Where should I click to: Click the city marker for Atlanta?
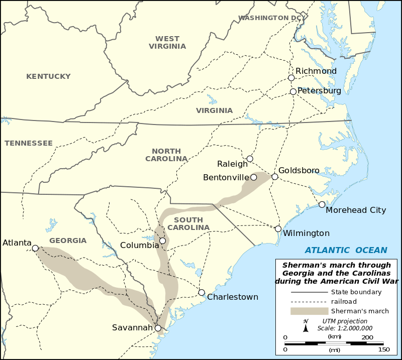[x=35, y=248]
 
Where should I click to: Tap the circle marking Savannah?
[x=158, y=328]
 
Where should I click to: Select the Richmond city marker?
[x=291, y=78]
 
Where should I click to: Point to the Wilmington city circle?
[x=278, y=228]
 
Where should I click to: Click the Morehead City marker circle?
[x=322, y=204]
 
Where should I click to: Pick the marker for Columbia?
[x=162, y=241]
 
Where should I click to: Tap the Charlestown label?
[x=233, y=297]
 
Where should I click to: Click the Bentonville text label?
[x=226, y=177]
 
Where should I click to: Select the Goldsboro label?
[x=299, y=170]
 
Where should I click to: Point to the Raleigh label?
[x=233, y=164]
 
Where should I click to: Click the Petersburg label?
[x=319, y=91]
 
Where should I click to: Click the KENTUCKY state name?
[x=48, y=76]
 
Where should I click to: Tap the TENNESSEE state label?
[x=29, y=143]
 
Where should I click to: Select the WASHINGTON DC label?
[x=269, y=18]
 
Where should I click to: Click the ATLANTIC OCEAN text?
[x=346, y=250]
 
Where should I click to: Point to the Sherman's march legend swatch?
[x=306, y=311]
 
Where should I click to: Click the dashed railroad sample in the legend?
[x=306, y=301]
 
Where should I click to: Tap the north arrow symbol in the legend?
[x=306, y=327]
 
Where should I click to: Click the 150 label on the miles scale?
[x=384, y=349]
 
